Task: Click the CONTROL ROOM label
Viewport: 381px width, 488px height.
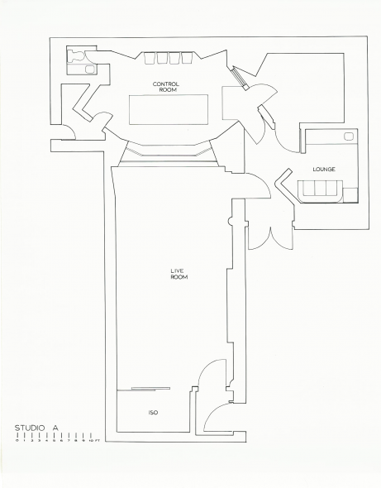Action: (166, 87)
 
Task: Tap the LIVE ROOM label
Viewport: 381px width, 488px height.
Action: (179, 274)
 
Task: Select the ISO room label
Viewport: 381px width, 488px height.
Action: (153, 413)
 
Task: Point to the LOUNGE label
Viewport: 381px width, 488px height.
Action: (324, 170)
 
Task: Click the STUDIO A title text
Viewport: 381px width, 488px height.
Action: (36, 428)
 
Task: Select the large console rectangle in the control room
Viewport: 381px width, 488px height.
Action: (169, 109)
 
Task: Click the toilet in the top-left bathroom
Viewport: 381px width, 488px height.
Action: (76, 56)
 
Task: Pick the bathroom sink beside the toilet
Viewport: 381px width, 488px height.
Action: (91, 69)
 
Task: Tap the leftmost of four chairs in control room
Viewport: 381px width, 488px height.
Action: (150, 58)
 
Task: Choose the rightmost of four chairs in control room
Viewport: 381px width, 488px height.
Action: (188, 58)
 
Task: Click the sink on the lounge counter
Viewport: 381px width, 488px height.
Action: (348, 136)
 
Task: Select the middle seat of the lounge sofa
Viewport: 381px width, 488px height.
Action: (321, 188)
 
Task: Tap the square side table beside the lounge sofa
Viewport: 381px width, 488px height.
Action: (350, 195)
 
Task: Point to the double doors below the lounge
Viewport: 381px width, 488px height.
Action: (271, 238)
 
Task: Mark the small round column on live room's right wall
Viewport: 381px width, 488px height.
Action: (231, 222)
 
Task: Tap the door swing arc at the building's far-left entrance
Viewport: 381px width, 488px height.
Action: (70, 132)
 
